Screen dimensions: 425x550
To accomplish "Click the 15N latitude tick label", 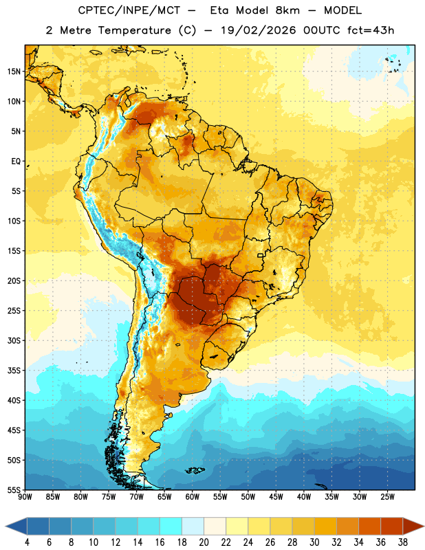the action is click(x=14, y=71).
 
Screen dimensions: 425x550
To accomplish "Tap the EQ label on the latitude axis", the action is click(x=16, y=162).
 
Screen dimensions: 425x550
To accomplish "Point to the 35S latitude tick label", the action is click(x=14, y=371).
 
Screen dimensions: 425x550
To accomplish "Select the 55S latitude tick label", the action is click(x=14, y=489).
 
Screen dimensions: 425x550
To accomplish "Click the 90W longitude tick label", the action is click(x=25, y=497).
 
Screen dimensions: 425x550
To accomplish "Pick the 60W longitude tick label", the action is click(x=193, y=497).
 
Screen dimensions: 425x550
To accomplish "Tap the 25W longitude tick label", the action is click(x=387, y=497).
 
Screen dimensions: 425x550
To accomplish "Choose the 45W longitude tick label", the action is click(x=276, y=497).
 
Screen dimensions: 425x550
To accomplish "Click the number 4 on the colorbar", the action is click(x=27, y=542).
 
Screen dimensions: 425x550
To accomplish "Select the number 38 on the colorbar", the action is click(x=403, y=542).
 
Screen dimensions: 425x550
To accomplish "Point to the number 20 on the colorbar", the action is click(x=204, y=542).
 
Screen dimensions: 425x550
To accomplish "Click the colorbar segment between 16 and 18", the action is click(x=171, y=527).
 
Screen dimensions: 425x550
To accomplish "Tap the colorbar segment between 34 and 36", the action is click(x=370, y=527).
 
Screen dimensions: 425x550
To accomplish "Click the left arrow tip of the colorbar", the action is click(x=6, y=527).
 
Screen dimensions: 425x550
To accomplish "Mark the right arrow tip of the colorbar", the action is click(x=424, y=527).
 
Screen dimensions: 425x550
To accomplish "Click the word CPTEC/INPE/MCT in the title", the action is click(x=129, y=10).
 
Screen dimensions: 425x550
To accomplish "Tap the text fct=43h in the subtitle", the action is click(x=371, y=30).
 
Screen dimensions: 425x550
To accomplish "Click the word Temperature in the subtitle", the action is click(x=134, y=30).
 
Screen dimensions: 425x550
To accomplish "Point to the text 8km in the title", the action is click(x=287, y=10).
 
